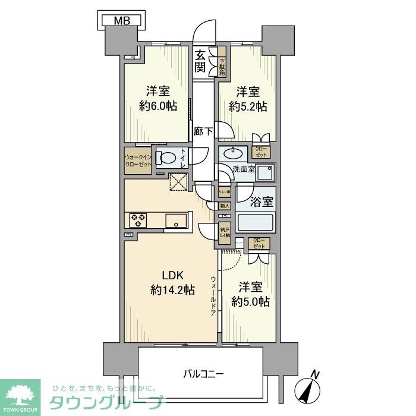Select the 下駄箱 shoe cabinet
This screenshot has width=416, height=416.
tap(222, 62)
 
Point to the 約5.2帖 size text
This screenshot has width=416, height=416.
tap(248, 106)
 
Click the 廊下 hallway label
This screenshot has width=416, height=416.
tap(203, 131)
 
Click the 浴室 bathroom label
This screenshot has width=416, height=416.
tap(261, 201)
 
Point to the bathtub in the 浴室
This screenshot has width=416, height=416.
tap(255, 223)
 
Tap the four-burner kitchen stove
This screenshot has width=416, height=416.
tap(138, 220)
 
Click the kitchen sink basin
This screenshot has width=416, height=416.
tap(175, 220)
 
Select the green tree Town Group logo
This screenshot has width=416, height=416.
tap(20, 395)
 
